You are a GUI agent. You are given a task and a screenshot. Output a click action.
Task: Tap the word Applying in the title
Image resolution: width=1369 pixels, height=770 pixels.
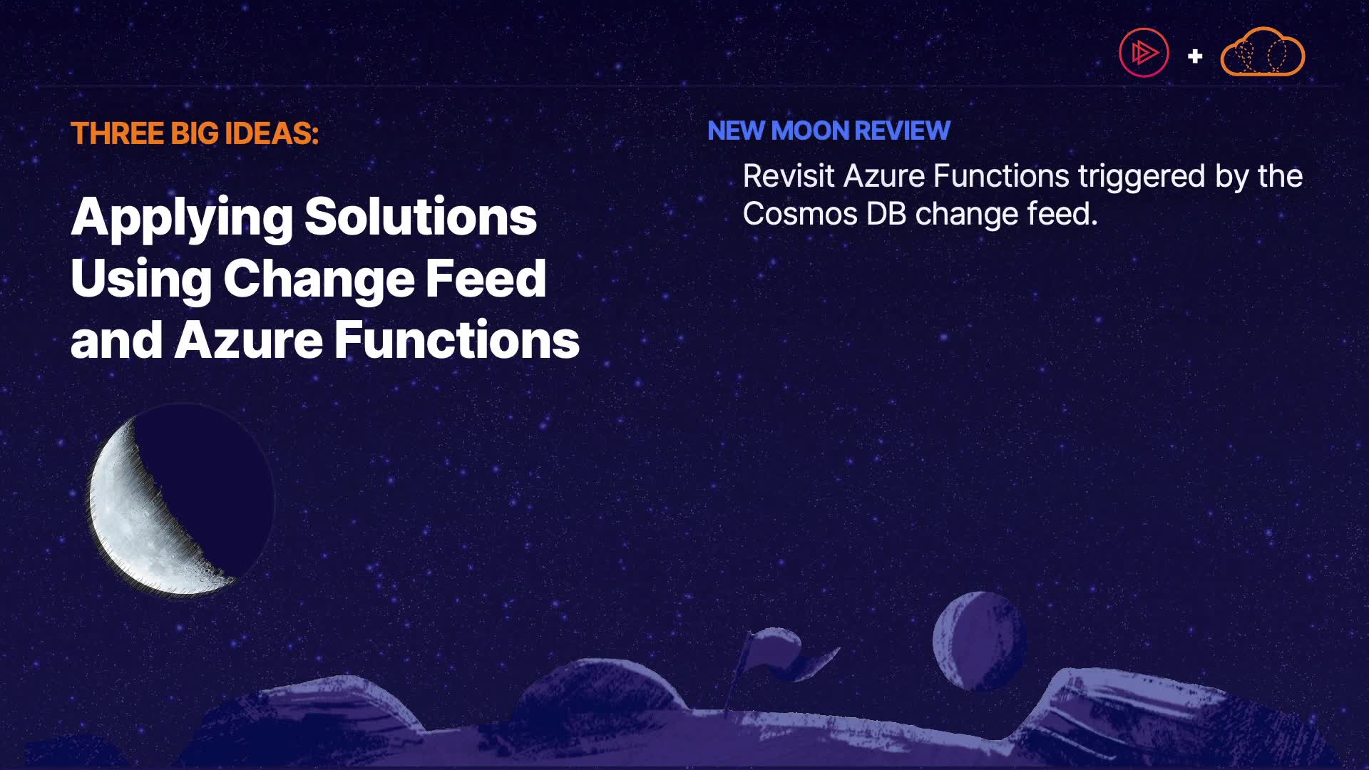(182, 218)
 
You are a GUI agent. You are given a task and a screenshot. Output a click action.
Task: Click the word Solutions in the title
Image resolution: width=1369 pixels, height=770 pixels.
(421, 217)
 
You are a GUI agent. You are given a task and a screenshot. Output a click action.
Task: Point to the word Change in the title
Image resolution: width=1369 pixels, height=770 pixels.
(319, 279)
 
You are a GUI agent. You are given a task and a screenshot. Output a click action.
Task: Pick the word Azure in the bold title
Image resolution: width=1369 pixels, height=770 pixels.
(249, 340)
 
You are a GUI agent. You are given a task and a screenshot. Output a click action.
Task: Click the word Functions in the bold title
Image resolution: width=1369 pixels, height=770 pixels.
(457, 340)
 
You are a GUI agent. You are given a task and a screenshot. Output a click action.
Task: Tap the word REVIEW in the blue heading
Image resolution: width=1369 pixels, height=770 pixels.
(902, 130)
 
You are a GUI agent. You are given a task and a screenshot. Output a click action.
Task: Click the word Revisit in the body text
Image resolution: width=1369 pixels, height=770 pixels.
(788, 176)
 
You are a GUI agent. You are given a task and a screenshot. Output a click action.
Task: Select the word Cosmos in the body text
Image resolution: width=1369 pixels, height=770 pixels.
(800, 214)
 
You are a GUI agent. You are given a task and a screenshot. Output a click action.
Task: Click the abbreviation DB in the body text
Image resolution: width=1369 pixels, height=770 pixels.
(886, 214)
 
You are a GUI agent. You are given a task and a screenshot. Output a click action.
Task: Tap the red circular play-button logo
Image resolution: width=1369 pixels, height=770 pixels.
(1144, 53)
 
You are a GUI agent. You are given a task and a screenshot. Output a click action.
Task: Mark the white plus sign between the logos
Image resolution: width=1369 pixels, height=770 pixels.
(1195, 56)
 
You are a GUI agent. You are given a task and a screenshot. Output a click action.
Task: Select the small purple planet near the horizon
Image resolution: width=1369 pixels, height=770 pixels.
(979, 640)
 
